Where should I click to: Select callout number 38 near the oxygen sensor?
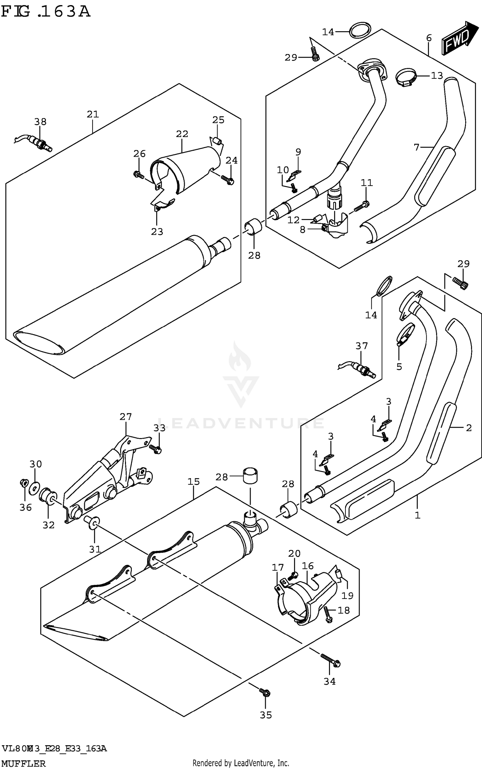(40, 122)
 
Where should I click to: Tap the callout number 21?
(93, 114)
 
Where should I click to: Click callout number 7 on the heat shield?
(417, 147)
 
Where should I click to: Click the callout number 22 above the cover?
(182, 134)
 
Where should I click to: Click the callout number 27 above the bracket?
(126, 417)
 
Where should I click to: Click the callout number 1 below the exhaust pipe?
(417, 516)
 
